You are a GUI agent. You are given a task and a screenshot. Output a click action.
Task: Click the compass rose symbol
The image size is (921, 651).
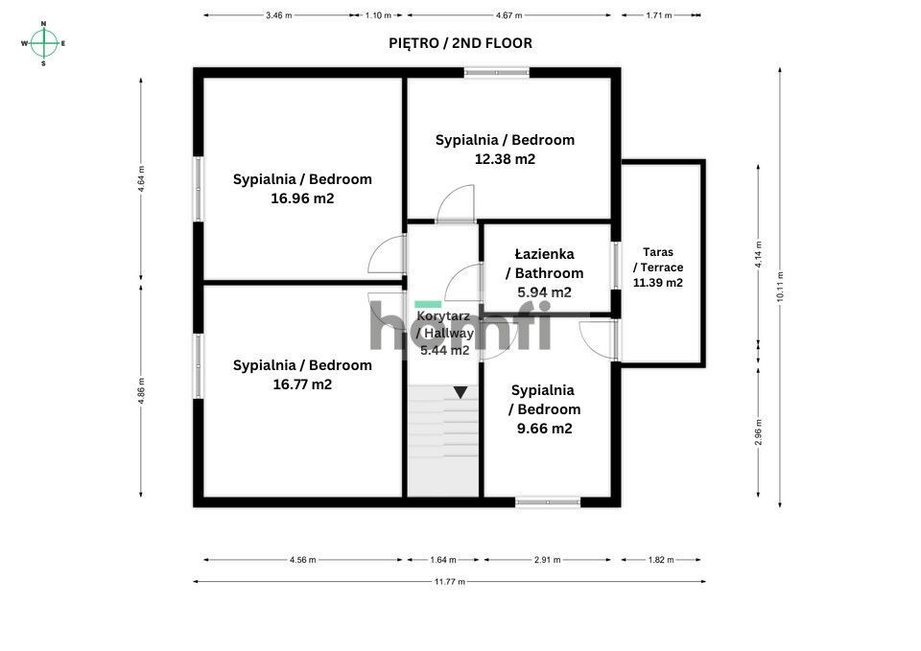43,43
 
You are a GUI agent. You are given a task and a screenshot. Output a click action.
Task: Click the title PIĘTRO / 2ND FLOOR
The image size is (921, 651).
460,43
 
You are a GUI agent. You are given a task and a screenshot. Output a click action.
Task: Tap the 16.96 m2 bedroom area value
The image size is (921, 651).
302,198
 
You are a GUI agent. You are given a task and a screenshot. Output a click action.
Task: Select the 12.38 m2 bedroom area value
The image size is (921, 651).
506,159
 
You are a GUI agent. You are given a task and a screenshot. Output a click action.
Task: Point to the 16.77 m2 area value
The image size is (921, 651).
302,384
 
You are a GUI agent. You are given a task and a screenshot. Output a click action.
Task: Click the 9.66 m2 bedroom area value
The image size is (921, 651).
545,429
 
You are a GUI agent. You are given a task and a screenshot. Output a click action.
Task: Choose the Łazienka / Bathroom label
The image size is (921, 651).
545,264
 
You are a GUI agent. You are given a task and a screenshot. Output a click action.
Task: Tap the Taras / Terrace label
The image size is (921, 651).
658,260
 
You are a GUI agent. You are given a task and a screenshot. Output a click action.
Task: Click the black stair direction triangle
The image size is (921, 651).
460,392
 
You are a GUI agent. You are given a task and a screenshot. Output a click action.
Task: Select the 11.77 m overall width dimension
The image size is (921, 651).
449,582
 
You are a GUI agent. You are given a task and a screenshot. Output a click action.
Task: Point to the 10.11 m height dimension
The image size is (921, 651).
780,287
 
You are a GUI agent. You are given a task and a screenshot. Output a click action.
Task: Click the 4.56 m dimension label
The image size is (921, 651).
302,560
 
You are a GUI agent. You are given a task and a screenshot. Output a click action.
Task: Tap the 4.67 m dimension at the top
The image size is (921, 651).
508,15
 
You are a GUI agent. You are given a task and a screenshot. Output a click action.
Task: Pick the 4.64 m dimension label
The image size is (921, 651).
141,179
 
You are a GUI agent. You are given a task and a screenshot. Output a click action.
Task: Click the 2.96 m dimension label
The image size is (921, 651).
758,432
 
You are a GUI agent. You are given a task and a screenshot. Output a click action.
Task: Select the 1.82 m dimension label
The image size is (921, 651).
661,560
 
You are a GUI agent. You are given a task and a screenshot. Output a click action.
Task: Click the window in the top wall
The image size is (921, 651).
497,73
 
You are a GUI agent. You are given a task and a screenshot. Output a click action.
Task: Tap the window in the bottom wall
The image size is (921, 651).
548,502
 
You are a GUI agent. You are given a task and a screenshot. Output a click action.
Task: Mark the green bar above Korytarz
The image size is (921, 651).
428,304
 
